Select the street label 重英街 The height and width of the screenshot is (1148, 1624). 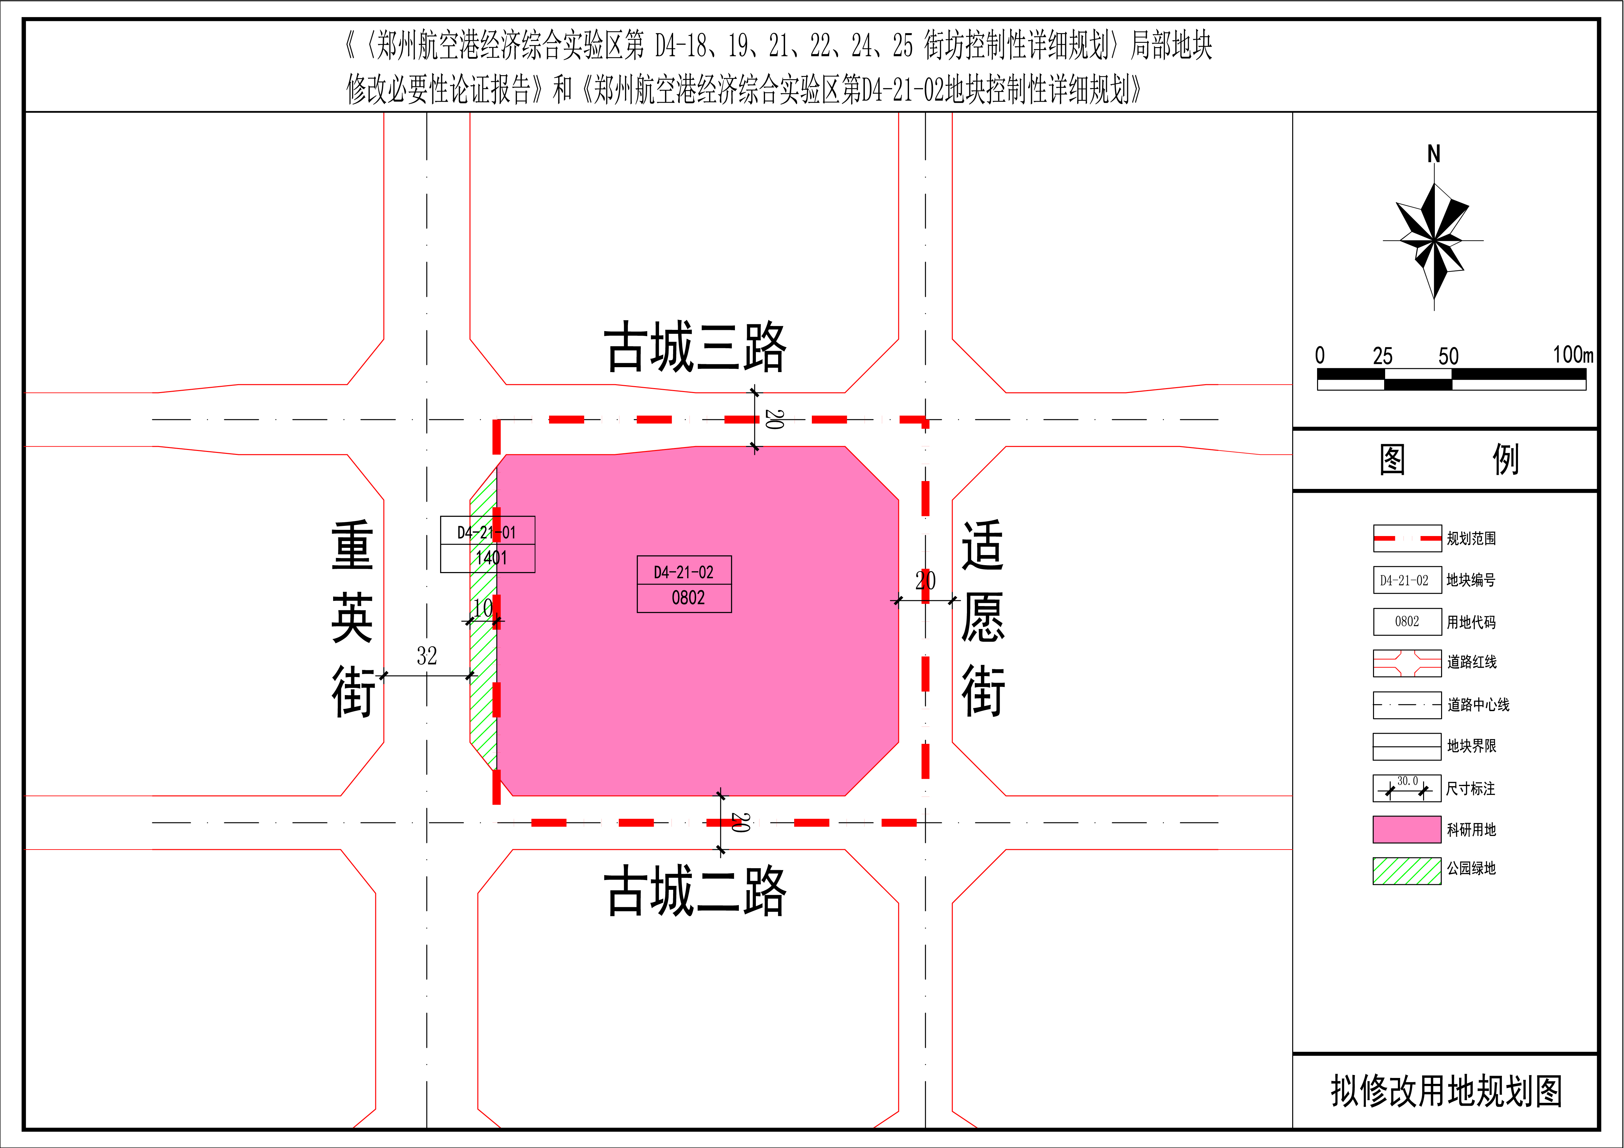point(352,619)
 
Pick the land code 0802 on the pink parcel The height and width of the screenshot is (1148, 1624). point(688,598)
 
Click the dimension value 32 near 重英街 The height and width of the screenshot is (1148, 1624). point(426,656)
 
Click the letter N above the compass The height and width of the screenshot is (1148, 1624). point(1434,153)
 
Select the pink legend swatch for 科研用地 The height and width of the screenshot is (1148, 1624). point(1407,829)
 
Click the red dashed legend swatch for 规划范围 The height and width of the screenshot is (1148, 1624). point(1407,538)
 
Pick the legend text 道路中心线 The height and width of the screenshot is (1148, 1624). point(1478,705)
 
